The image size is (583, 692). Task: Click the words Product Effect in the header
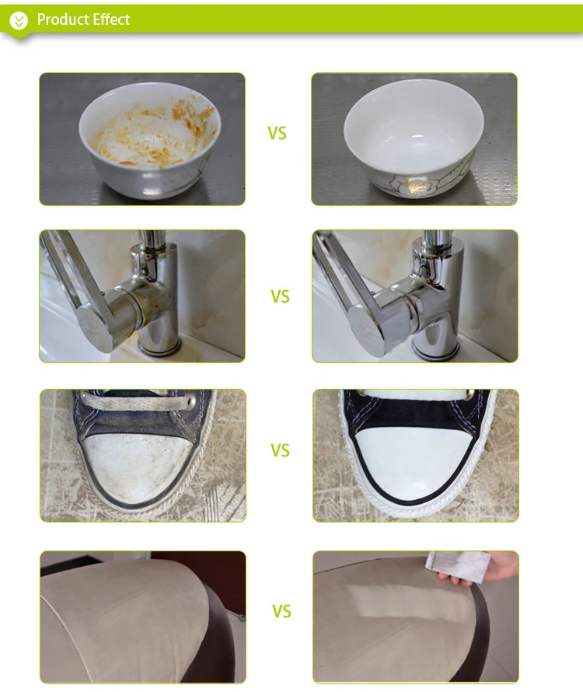83,19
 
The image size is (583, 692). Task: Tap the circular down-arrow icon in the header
19,20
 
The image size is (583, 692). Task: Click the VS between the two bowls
278,133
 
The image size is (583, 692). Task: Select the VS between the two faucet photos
280,296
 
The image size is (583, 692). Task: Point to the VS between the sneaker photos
280,451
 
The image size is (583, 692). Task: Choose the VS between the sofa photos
281,612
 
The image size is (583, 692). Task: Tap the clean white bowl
414,137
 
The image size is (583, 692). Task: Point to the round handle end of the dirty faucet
94,328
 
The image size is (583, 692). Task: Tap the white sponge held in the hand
457,565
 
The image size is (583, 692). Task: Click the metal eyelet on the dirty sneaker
190,402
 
